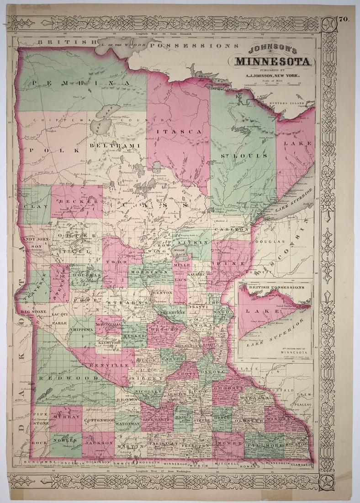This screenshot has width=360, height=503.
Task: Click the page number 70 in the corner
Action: (x=343, y=19)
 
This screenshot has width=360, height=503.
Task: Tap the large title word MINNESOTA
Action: (x=273, y=61)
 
